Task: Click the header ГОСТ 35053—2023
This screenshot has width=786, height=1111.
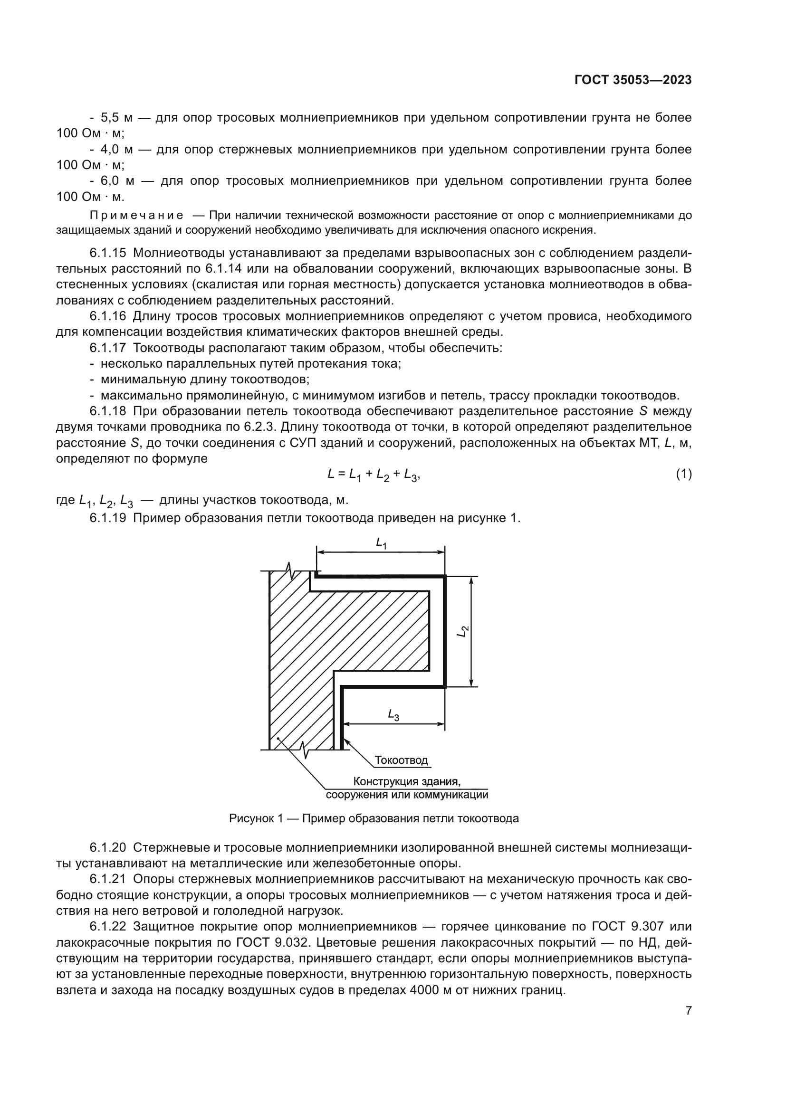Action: coord(633,80)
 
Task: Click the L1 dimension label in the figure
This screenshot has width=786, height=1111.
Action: coord(382,544)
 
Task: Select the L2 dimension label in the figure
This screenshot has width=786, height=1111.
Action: coord(463,631)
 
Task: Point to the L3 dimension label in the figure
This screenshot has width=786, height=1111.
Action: coord(393,715)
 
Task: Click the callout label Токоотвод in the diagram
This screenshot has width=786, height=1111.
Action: coord(401,760)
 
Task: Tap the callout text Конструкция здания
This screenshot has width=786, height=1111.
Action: coord(407,781)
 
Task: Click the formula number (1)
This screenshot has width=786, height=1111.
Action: coord(683,474)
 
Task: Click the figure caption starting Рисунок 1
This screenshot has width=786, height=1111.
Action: coord(374,819)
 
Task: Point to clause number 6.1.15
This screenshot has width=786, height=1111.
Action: coord(108,253)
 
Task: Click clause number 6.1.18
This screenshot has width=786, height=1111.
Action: coord(108,411)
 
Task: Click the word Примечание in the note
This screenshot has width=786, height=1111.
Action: coord(136,215)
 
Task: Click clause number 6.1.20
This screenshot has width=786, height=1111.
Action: coord(108,848)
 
